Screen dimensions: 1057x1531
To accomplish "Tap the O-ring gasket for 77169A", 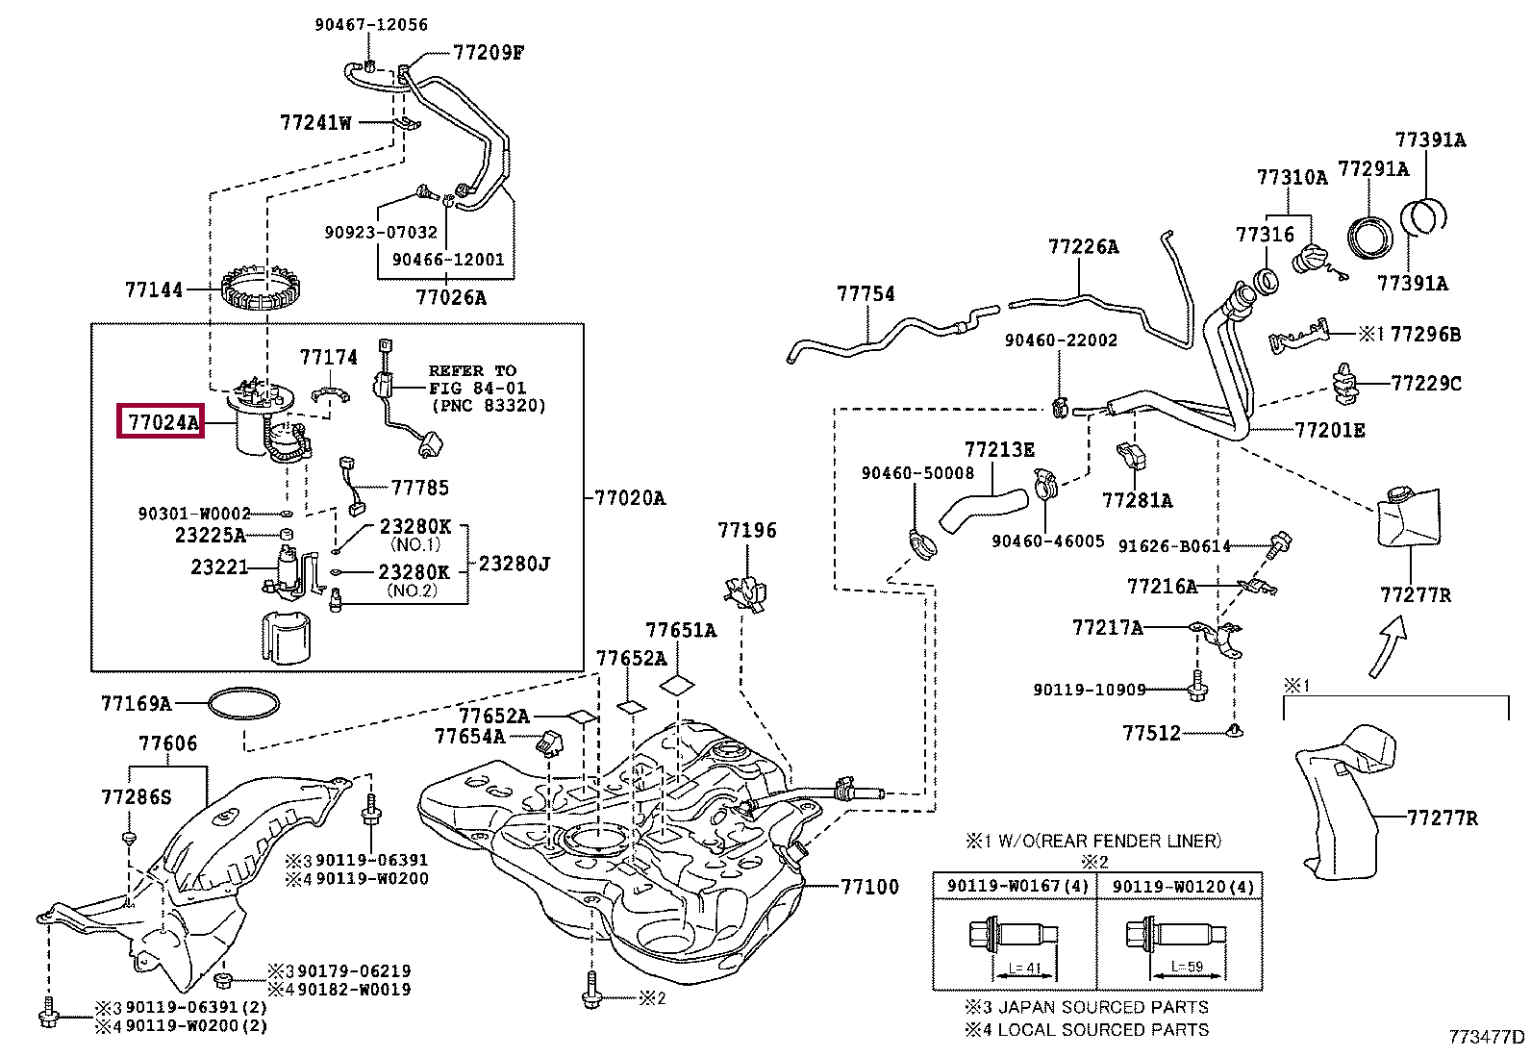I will pos(243,704).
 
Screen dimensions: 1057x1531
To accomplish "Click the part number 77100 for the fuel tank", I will pos(869,887).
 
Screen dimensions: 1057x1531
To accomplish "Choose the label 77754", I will pos(866,294).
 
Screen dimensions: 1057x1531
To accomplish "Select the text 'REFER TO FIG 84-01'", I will pos(479,379).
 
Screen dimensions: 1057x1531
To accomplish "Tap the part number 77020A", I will pos(630,498).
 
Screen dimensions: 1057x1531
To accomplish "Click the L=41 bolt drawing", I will pos(1014,935).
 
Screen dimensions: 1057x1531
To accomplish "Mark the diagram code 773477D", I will pos(1487,1037).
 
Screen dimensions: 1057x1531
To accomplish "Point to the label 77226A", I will pos(1083,247).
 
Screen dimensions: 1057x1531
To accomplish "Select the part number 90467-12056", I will pos(371,25).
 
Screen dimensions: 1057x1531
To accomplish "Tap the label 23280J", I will pos(515,564).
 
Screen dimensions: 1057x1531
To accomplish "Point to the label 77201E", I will pos(1330,431).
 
